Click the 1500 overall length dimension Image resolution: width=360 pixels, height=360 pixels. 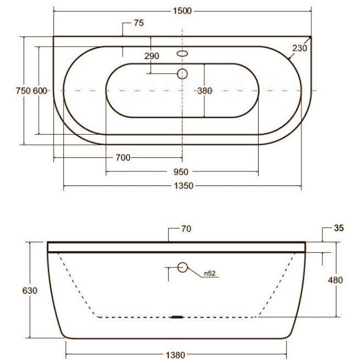tap(182, 11)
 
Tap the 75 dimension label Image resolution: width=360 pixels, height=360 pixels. tap(138, 23)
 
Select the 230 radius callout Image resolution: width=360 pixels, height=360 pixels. tap(299, 48)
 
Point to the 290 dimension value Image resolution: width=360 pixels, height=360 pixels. tap(152, 56)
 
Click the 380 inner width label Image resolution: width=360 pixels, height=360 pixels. tap(205, 91)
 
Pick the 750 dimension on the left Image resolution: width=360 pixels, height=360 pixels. tap(23, 91)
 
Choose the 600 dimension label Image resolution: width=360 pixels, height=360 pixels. tap(40, 91)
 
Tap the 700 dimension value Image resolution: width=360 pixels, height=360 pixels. tap(123, 158)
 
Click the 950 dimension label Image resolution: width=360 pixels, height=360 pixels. tap(181, 172)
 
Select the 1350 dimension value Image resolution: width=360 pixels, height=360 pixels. tap(183, 185)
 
